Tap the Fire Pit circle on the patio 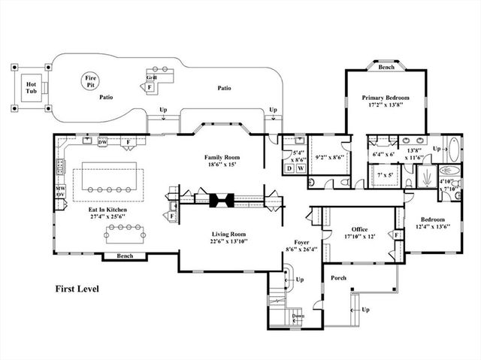(92, 80)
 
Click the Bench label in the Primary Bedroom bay (386, 68)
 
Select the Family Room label (222, 158)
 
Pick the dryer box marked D (289, 169)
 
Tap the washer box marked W (301, 169)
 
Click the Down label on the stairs (298, 316)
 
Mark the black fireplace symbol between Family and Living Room (222, 200)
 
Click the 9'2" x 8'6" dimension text (330, 158)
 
